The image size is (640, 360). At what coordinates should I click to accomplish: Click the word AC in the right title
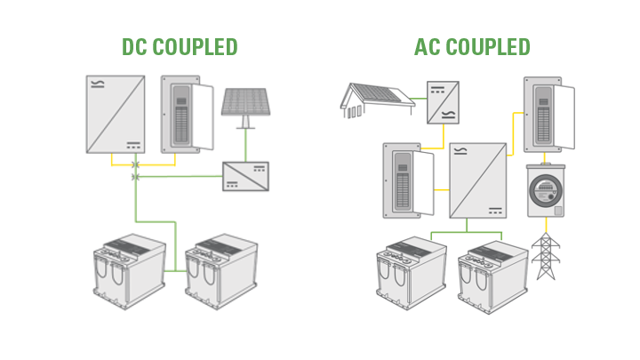tap(429, 46)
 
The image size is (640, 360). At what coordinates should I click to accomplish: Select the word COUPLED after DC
tap(195, 46)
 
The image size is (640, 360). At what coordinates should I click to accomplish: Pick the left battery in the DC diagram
tap(130, 269)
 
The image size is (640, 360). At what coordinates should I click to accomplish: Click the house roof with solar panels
tap(377, 99)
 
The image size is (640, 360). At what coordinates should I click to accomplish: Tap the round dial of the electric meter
tap(544, 191)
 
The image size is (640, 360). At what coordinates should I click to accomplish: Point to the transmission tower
tap(544, 256)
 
